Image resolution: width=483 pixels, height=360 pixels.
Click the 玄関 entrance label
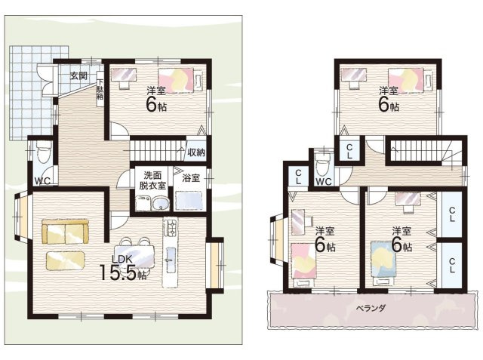pyautogui.click(x=78, y=75)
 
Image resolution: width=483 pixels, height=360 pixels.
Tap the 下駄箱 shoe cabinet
pyautogui.click(x=100, y=89)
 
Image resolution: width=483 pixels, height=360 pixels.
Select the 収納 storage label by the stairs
pyautogui.click(x=196, y=152)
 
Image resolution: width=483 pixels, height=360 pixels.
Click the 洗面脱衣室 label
pyautogui.click(x=152, y=180)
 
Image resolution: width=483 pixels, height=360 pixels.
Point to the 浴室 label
pyautogui.click(x=191, y=177)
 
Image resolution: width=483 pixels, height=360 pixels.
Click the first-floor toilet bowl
pyautogui.click(x=42, y=153)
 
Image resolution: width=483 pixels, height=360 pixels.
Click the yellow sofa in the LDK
pyautogui.click(x=65, y=232)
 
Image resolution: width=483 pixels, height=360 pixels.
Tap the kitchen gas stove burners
pyautogui.click(x=170, y=227)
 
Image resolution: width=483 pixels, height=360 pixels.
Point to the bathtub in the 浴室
pyautogui.click(x=189, y=201)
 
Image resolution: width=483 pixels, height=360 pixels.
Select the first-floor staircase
pyautogui.click(x=158, y=151)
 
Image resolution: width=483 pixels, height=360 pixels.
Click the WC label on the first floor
pyautogui.click(x=42, y=181)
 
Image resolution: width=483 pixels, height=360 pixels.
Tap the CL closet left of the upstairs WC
pyautogui.click(x=298, y=177)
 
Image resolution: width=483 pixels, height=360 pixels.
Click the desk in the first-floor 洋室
pyautogui.click(x=124, y=78)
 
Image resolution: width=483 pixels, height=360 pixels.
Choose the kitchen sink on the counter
pyautogui.click(x=170, y=260)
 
